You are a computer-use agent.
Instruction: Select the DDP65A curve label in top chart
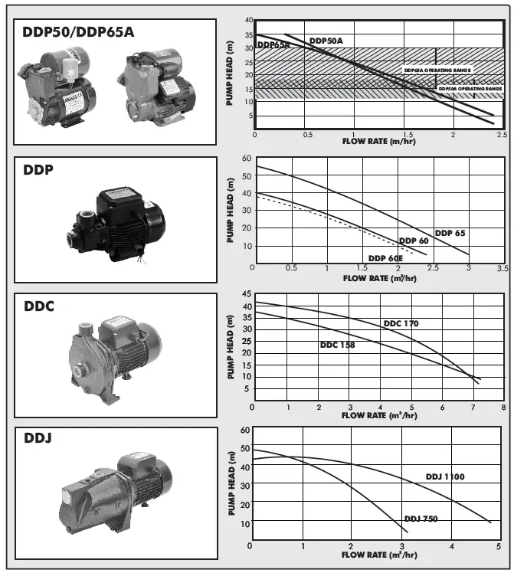pos(273,45)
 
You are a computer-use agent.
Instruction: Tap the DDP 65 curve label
pos(450,232)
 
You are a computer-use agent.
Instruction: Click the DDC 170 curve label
pos(401,324)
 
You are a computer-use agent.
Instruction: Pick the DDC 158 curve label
pos(337,345)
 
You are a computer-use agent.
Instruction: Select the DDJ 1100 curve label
pos(445,476)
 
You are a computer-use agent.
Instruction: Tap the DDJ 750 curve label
pos(421,519)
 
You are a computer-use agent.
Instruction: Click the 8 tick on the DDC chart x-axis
pos(503,406)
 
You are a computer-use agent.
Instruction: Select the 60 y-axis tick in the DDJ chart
pos(245,431)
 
